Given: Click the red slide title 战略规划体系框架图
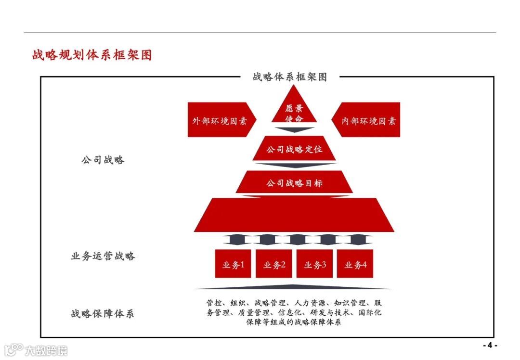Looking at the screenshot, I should pyautogui.click(x=92, y=55).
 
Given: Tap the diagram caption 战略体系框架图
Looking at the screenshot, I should pyautogui.click(x=289, y=77).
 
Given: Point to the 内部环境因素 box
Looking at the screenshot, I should pyautogui.click(x=368, y=120).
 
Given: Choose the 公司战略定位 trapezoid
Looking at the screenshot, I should pyautogui.click(x=294, y=149).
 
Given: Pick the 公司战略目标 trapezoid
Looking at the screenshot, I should pyautogui.click(x=294, y=183).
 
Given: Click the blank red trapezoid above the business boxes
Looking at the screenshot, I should pyautogui.click(x=294, y=215).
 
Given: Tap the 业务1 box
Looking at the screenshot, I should pyautogui.click(x=233, y=264).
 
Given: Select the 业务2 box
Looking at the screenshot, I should pyautogui.click(x=274, y=264).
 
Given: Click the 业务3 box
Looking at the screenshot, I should pyautogui.click(x=315, y=264).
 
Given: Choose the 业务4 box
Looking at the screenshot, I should pyautogui.click(x=355, y=264).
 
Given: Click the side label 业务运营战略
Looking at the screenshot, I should pyautogui.click(x=103, y=256).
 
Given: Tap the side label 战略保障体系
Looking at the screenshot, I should pyautogui.click(x=103, y=314).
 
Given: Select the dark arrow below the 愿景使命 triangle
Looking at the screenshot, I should pyautogui.click(x=294, y=129).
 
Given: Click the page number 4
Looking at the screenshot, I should pyautogui.click(x=490, y=345).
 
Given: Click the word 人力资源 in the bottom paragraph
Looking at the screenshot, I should pyautogui.click(x=308, y=303).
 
